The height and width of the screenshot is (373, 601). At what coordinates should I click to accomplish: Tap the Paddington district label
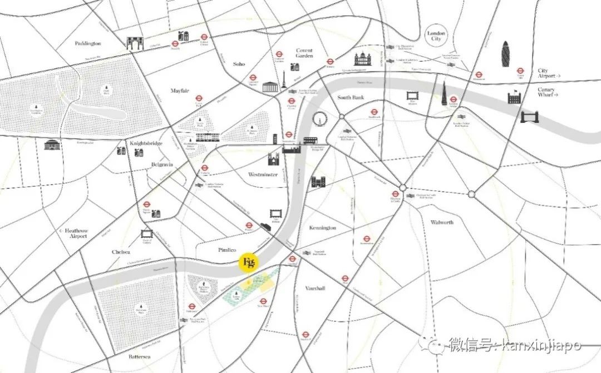coord(88,43)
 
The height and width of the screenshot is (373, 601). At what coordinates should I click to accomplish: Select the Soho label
coord(239,64)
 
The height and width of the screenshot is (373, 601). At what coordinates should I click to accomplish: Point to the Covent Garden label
coord(304,53)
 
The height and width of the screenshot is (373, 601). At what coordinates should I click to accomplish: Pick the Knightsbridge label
coord(146,143)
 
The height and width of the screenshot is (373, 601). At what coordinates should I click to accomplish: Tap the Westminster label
coord(263,174)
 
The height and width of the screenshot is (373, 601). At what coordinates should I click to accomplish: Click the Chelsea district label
coord(121,252)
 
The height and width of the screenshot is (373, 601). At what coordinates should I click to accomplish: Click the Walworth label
coord(442,222)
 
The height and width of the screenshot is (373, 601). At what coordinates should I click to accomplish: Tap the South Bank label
coord(352,97)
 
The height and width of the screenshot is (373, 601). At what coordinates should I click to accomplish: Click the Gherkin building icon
coord(506,54)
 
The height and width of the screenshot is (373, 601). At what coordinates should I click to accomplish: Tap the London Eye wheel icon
coord(319,119)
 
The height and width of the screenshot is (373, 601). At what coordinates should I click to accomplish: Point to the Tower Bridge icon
coord(530,117)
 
